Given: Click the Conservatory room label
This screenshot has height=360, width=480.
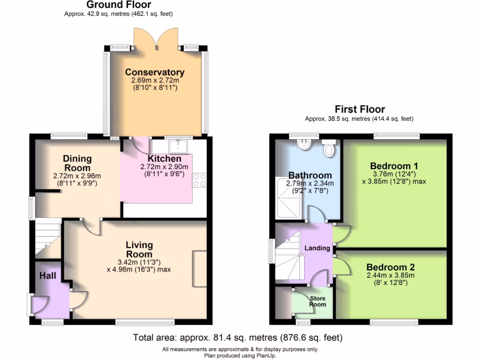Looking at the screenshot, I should [155, 72].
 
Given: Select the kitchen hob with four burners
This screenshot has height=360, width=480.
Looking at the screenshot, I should [199, 180].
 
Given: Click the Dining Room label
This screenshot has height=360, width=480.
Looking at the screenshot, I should [77, 163].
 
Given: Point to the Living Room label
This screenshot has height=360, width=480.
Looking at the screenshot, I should [139, 249].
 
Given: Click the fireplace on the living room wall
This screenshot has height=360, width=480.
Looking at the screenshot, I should [199, 269].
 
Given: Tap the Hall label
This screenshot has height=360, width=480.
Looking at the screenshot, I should [48, 276].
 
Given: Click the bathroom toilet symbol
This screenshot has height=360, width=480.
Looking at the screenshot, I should [329, 148].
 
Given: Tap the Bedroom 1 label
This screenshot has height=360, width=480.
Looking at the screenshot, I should [394, 166].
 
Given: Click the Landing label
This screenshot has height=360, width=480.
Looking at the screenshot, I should [317, 248].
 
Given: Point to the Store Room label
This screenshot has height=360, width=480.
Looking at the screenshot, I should [317, 301].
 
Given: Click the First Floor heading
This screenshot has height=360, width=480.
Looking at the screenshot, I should [360, 110].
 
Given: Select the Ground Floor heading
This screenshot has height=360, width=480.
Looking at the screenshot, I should [119, 5].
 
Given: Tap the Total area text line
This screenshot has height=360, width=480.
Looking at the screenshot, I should [238, 337].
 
